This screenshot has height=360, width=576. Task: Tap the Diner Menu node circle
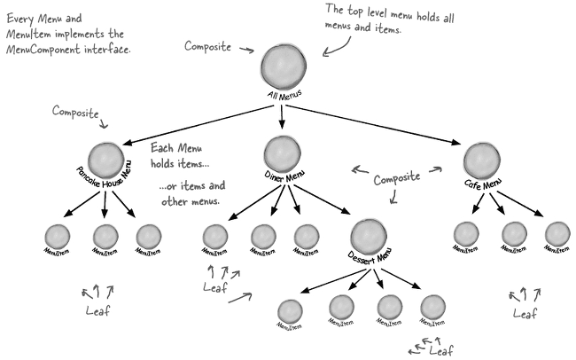[282, 152]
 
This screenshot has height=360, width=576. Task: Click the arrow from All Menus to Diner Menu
[283, 114]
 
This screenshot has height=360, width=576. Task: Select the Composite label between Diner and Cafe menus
[396, 177]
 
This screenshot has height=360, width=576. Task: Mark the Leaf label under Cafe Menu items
[525, 313]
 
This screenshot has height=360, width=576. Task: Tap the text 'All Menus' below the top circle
[284, 93]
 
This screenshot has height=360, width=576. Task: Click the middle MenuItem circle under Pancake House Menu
[105, 236]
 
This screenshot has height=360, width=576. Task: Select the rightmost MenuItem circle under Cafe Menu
[557, 233]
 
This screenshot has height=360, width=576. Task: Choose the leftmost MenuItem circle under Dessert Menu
[290, 311]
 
